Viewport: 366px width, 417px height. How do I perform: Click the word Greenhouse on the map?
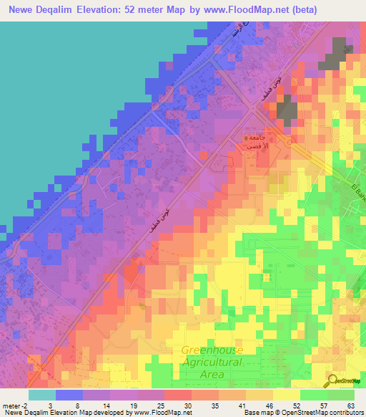(212, 350)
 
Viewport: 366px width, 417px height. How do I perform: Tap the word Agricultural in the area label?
(212, 363)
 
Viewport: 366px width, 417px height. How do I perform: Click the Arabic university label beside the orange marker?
(258, 141)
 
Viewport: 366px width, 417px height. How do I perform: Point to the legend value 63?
(350, 406)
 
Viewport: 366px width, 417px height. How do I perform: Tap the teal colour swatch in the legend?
(42, 395)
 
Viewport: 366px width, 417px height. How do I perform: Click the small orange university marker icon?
(247, 138)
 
